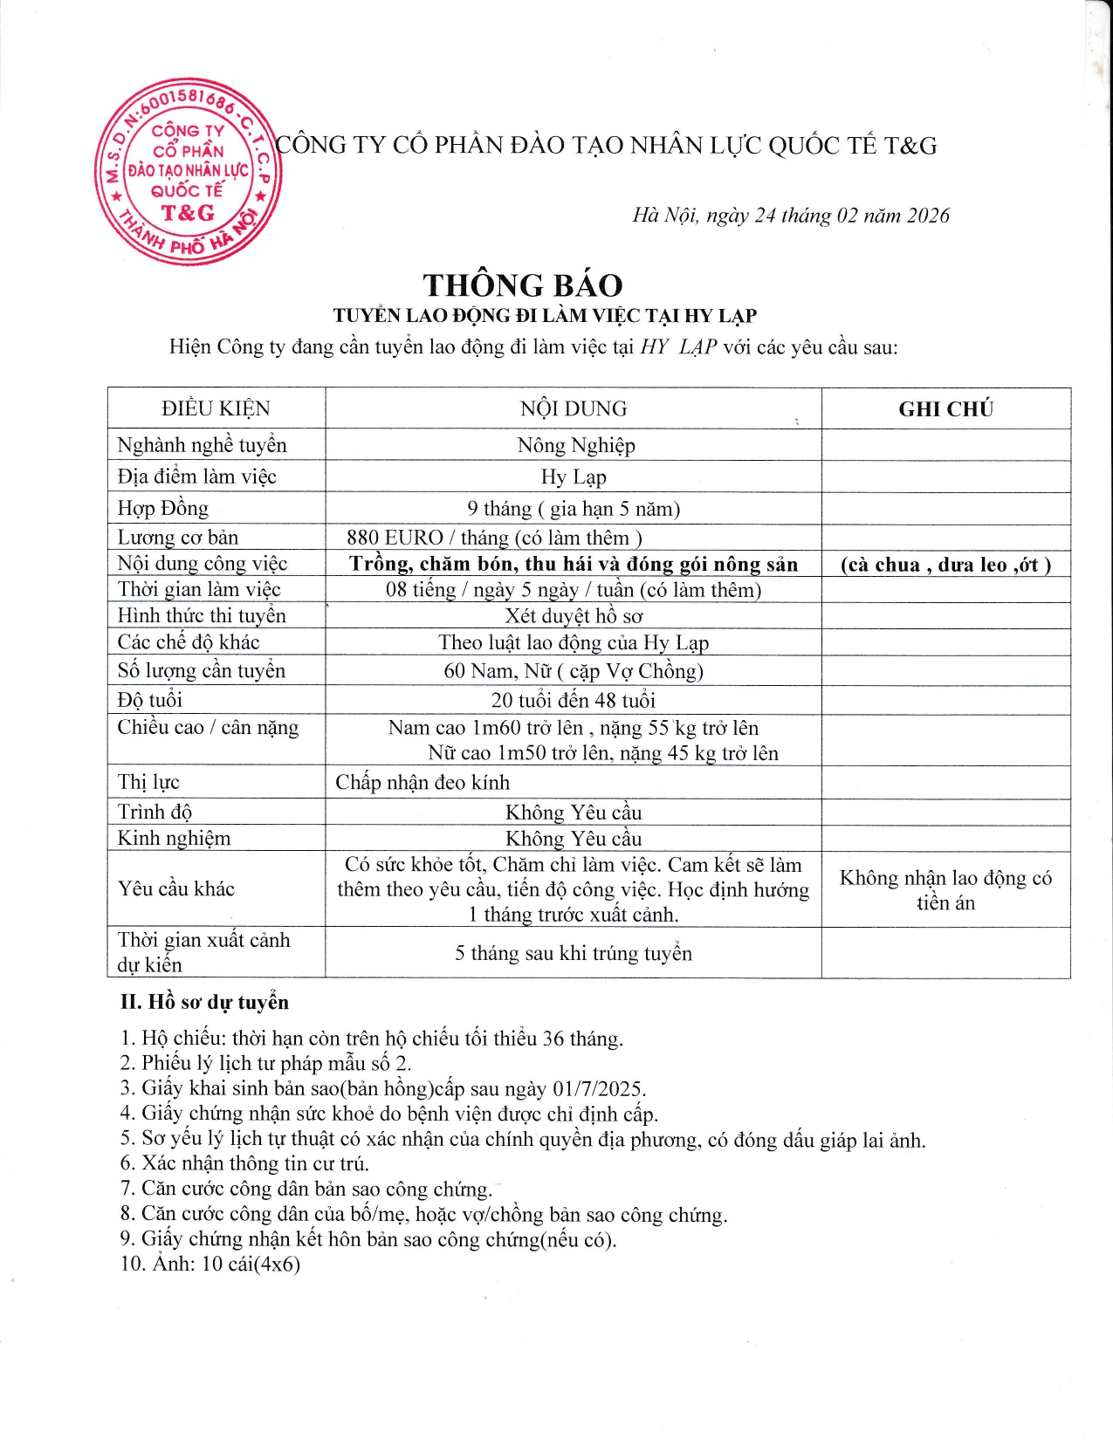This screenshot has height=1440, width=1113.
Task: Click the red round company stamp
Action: (187, 171)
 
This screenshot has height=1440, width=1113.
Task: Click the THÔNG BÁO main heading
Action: (523, 285)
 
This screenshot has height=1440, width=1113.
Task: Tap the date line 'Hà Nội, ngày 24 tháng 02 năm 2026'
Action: (790, 216)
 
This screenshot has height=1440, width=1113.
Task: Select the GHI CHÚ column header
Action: (945, 409)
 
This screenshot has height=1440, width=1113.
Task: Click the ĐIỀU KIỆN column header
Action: (216, 408)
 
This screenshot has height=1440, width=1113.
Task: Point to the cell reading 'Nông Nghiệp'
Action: (575, 445)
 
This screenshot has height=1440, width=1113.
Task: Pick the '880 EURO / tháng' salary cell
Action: (494, 538)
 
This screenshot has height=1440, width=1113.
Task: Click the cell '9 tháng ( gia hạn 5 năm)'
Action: (574, 509)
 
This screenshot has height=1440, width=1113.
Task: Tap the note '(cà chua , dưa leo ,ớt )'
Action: (945, 565)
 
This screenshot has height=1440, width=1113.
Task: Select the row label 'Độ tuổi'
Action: (150, 700)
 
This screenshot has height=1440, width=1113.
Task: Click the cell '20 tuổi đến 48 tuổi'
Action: (573, 700)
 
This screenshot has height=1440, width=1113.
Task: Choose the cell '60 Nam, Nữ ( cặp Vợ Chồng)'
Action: (574, 671)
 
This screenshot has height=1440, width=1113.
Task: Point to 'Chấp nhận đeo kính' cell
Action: (423, 783)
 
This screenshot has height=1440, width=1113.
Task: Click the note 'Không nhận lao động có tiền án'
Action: (945, 890)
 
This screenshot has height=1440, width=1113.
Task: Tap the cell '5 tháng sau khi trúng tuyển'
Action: (574, 953)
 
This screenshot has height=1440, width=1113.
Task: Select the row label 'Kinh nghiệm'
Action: (175, 839)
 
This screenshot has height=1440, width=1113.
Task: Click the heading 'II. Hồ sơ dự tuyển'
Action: (204, 1002)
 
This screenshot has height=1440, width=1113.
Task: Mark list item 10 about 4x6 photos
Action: (210, 1264)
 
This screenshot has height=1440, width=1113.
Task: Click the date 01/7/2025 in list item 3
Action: (598, 1089)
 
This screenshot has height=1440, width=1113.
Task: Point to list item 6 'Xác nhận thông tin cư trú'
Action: (245, 1163)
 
